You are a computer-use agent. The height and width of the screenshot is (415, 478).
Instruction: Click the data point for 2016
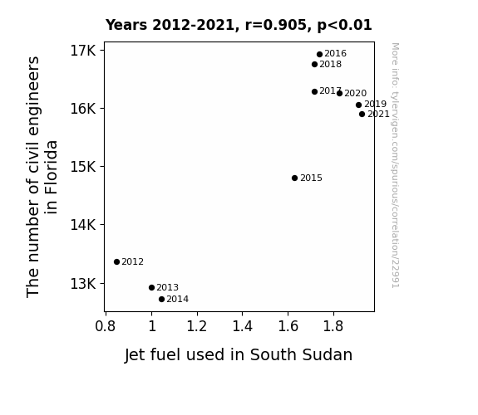(x=319, y=55)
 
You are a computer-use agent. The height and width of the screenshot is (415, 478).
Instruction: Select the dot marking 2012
(x=116, y=261)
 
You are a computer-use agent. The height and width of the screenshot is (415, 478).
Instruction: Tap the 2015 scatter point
(x=294, y=178)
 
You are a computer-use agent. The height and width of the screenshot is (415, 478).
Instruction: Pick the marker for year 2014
(x=161, y=300)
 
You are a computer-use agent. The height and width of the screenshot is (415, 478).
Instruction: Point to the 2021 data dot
(x=362, y=115)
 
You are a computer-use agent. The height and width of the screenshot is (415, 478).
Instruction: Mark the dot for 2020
(x=340, y=94)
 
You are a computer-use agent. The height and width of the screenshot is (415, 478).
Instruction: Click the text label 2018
(x=331, y=64)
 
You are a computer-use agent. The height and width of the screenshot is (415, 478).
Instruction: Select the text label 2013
(x=167, y=287)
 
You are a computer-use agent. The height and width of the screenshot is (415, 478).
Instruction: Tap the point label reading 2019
(x=375, y=104)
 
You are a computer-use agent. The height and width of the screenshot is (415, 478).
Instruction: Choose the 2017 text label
(x=331, y=90)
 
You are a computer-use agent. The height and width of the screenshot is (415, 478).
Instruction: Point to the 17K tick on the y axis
(x=83, y=51)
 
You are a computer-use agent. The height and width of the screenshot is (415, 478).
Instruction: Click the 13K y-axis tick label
(x=83, y=284)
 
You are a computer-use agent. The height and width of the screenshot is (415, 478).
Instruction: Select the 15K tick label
(x=83, y=167)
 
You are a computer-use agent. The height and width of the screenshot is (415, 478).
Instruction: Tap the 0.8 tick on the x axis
(x=106, y=326)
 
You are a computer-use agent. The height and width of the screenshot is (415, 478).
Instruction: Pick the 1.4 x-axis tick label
(x=243, y=326)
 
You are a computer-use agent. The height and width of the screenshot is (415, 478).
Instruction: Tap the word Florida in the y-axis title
(x=51, y=177)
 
